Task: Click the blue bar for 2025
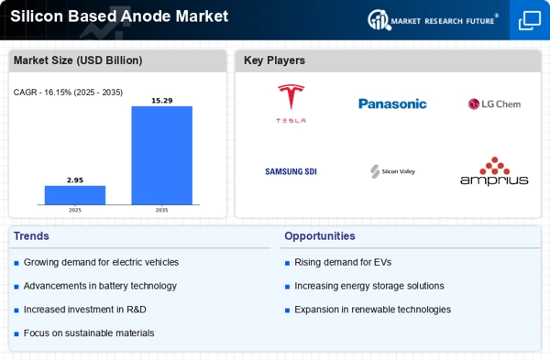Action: click(x=75, y=195)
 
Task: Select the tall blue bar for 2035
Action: click(x=162, y=156)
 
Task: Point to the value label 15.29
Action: click(x=162, y=101)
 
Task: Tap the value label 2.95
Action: click(x=75, y=180)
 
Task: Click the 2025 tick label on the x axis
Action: click(x=75, y=210)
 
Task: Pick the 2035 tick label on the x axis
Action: click(x=161, y=210)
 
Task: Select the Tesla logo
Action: click(x=291, y=104)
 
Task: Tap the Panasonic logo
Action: click(x=392, y=104)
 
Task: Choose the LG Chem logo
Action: click(x=494, y=104)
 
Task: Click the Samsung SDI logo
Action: click(x=291, y=171)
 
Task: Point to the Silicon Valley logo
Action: click(x=393, y=171)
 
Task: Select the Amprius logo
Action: click(x=494, y=171)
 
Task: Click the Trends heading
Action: click(x=31, y=236)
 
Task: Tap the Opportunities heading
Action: click(x=320, y=236)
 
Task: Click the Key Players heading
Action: click(x=274, y=60)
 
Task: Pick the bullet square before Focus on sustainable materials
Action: click(x=16, y=333)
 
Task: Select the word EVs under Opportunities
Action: click(x=382, y=262)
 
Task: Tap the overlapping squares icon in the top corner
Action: click(x=530, y=20)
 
